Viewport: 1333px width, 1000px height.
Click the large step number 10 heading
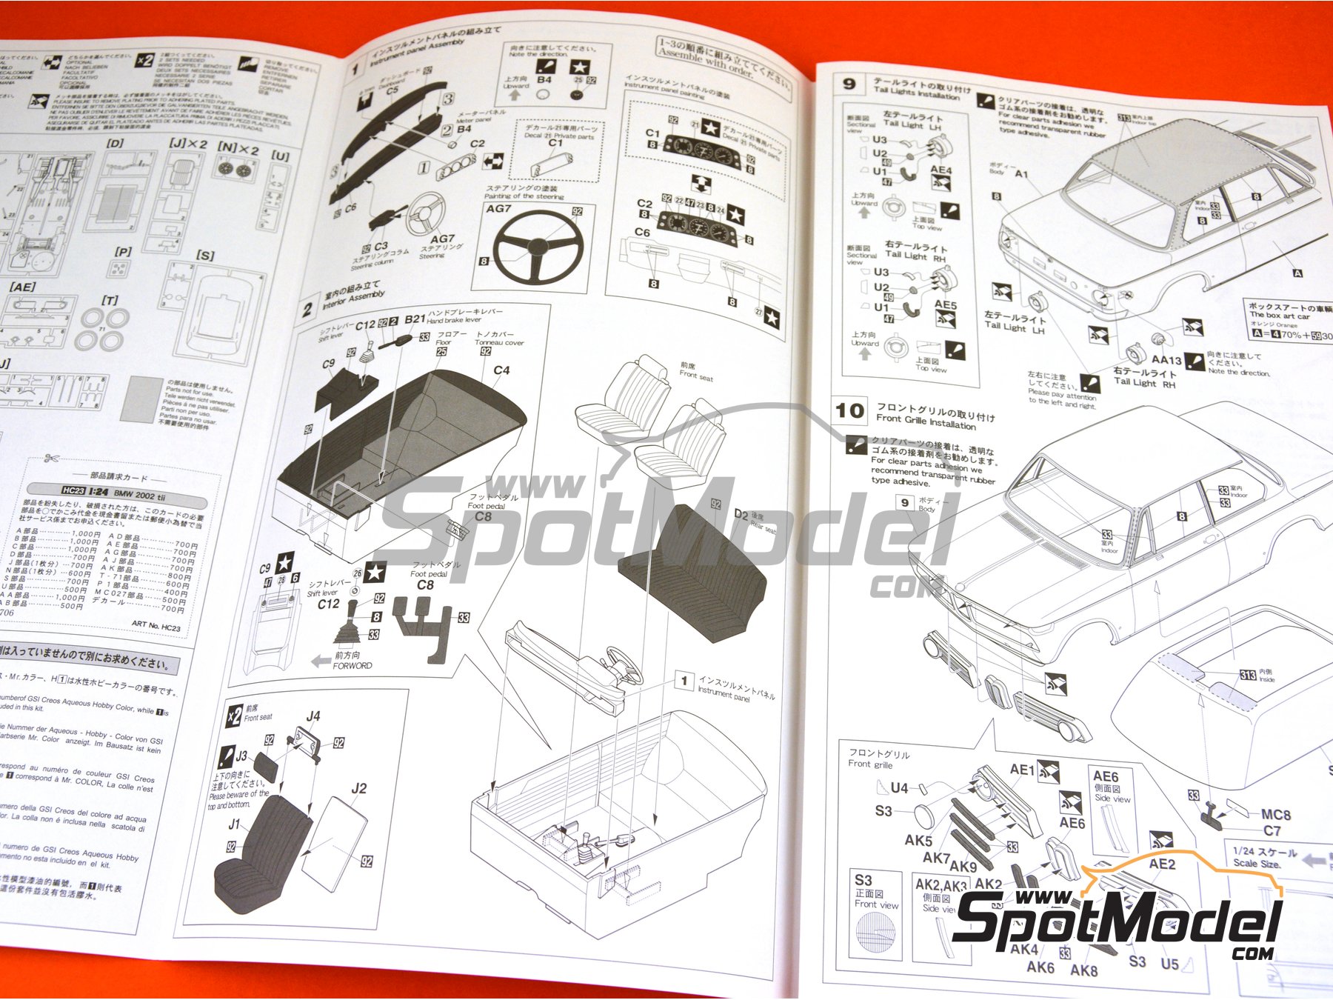coord(849,410)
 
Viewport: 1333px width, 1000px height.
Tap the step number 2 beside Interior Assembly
coord(307,308)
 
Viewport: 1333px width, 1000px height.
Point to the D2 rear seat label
coord(741,513)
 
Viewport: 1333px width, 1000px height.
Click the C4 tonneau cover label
coord(501,370)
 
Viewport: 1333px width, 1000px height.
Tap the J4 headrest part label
coord(313,716)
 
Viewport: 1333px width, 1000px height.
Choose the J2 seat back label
coord(358,788)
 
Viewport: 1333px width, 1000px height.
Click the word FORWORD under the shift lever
coord(353,665)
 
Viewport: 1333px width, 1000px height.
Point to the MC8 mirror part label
coord(1276,814)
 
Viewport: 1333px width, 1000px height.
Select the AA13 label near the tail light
coord(1166,359)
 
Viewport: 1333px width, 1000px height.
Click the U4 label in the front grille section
coord(899,788)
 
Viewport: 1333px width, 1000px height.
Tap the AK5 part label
coord(918,840)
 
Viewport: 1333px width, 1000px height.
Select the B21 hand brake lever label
coord(415,319)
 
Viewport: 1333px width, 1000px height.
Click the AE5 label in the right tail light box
coord(945,304)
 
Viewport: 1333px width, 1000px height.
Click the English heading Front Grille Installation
coord(926,421)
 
